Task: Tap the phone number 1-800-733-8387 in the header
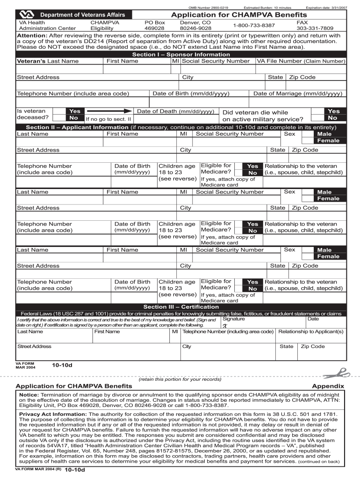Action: tap(254, 25)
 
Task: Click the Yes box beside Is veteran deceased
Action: tap(75, 111)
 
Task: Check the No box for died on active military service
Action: tap(333, 118)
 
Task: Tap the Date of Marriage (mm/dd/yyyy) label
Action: tap(298, 94)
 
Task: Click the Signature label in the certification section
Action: tap(233, 319)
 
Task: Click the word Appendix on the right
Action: tap(328, 386)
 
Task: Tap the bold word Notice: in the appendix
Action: tap(29, 394)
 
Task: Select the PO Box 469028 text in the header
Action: tap(155, 25)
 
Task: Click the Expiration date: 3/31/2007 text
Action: tap(326, 8)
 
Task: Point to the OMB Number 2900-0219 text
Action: tap(209, 8)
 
